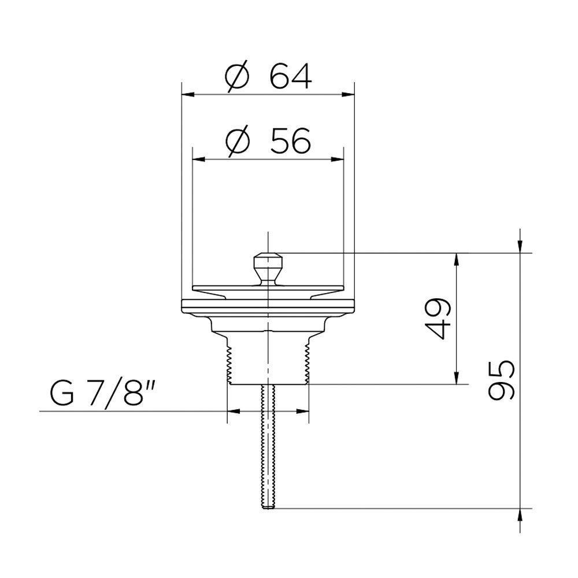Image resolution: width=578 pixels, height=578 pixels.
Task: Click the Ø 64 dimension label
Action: point(268,77)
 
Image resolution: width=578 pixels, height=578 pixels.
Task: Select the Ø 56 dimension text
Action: point(268,141)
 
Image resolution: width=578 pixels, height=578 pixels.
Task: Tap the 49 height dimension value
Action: point(438,318)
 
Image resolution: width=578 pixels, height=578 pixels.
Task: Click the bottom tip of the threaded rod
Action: point(268,508)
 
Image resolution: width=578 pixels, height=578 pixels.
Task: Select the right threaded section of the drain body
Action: point(306,364)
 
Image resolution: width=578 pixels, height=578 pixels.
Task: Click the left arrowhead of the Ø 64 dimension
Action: point(188,94)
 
